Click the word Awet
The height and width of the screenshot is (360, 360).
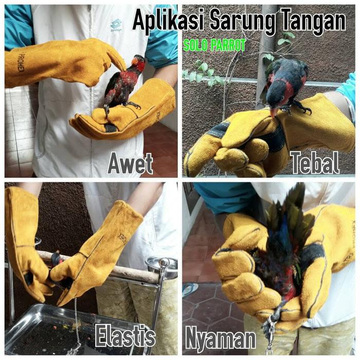130,164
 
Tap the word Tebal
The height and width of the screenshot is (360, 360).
315,163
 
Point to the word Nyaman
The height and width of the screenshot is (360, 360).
221,338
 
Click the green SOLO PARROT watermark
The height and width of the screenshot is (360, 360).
214,45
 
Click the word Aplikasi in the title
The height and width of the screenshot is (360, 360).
168,21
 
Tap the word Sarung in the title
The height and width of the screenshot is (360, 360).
243,22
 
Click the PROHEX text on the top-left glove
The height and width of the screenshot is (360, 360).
21,63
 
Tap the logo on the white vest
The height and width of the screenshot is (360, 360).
116,26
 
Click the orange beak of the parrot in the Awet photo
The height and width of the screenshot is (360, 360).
135,61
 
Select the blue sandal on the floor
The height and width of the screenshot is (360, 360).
190,290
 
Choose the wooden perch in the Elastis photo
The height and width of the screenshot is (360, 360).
99,266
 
